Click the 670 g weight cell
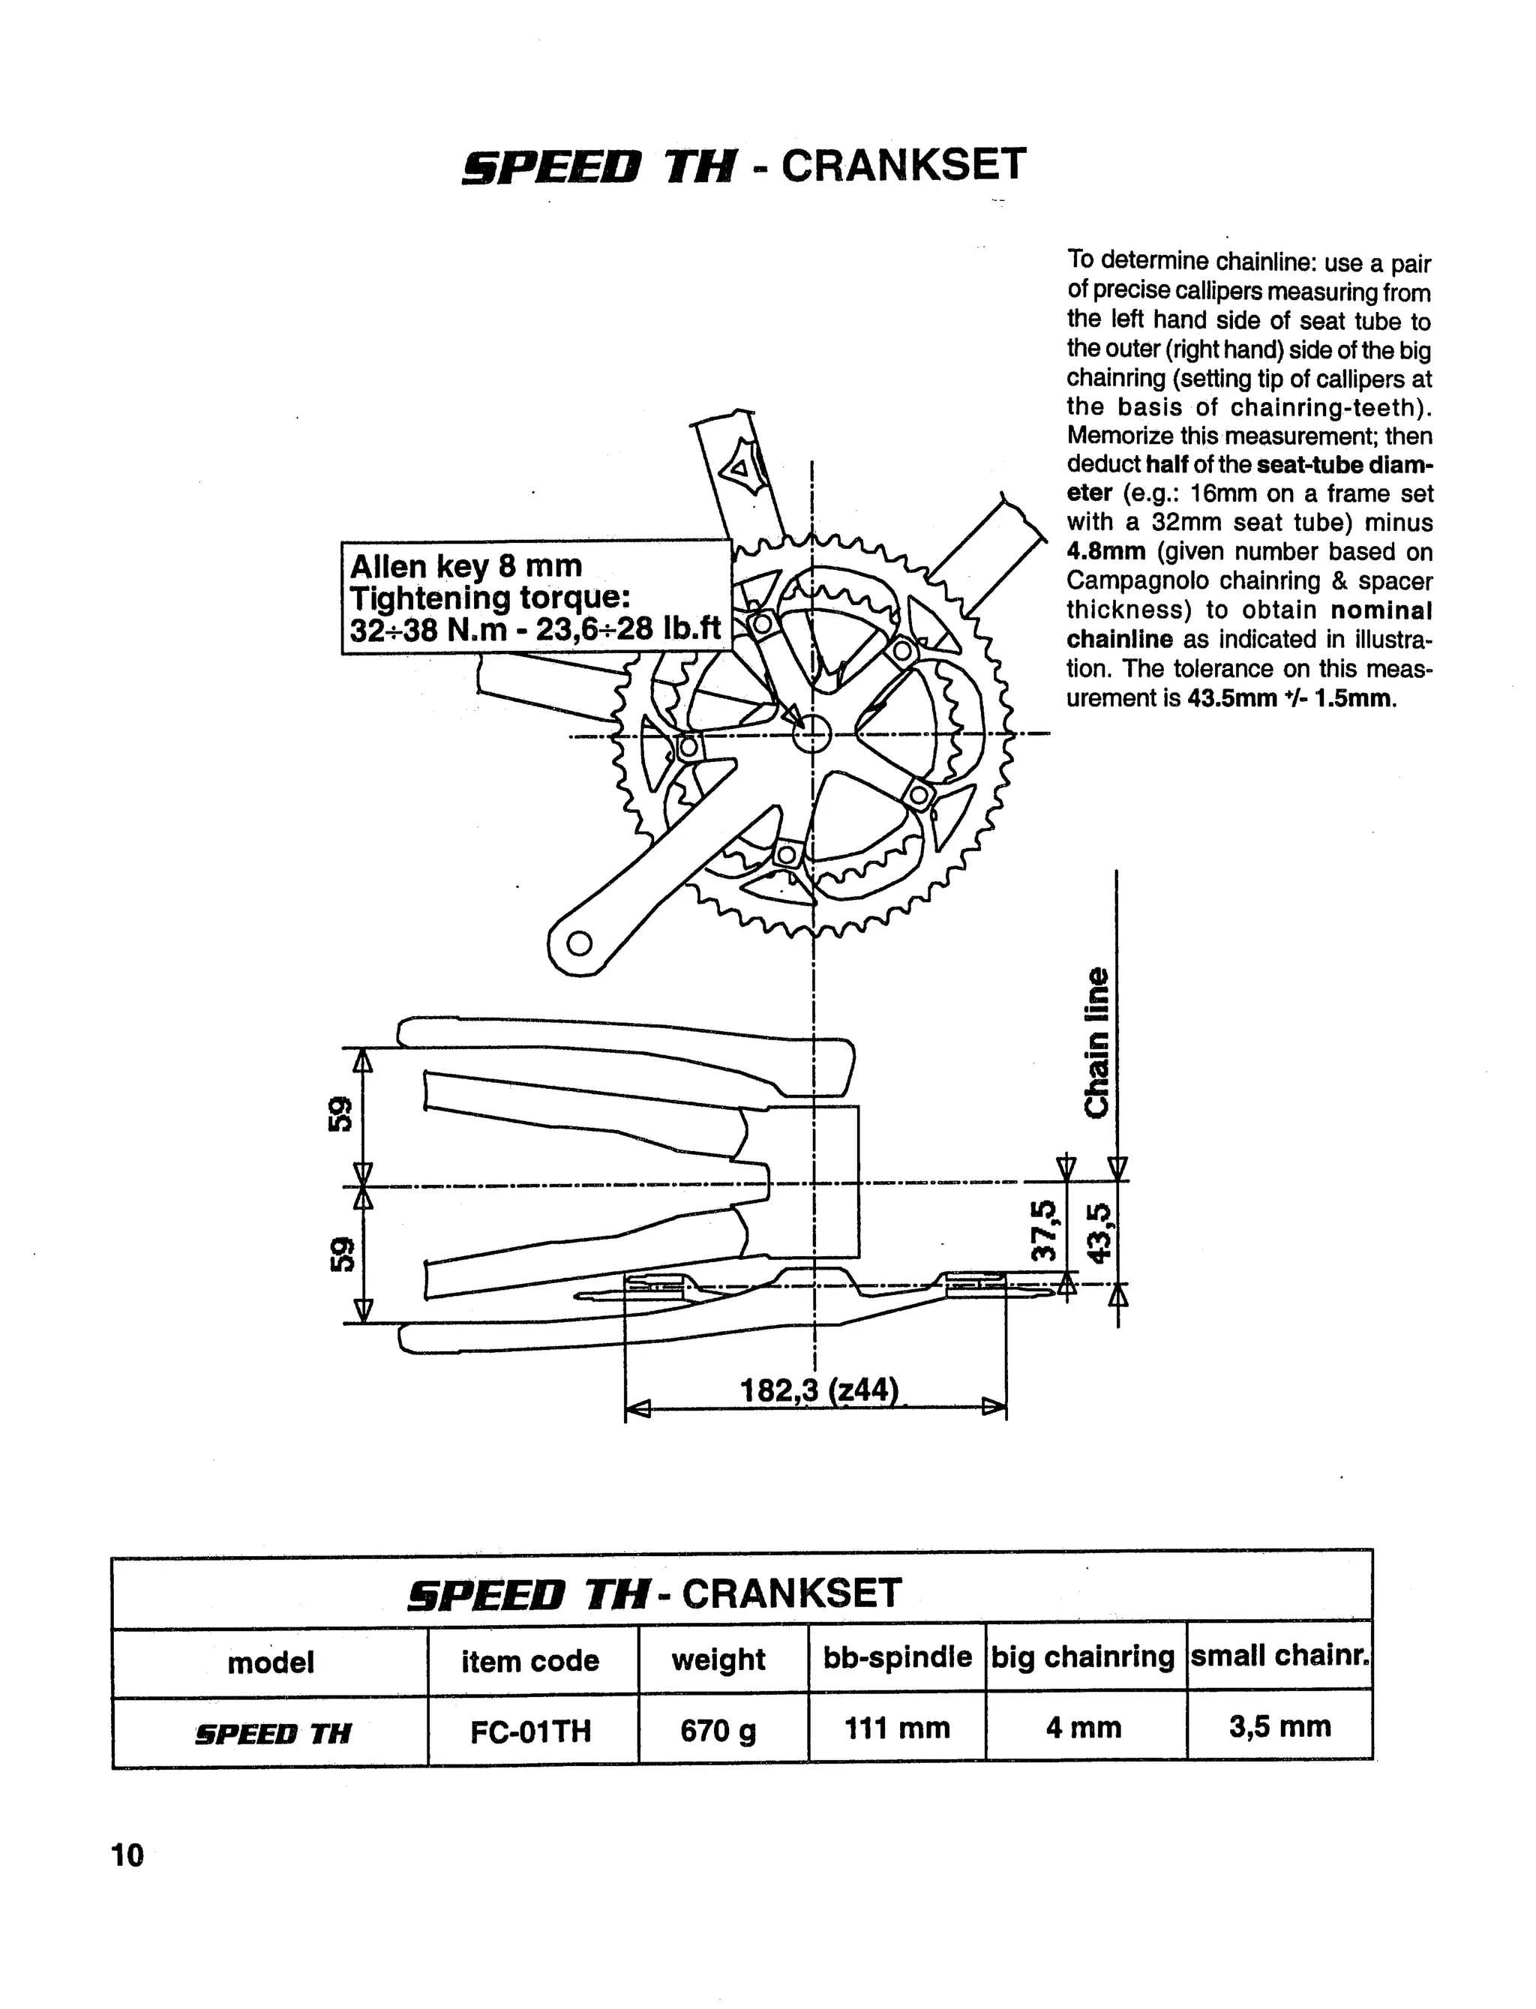(x=718, y=1730)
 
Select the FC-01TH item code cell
(x=530, y=1731)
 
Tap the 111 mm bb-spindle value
(x=897, y=1729)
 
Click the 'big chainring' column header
(x=1084, y=1657)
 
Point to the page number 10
(x=128, y=1856)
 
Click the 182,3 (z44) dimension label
(x=818, y=1391)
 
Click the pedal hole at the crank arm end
(x=579, y=943)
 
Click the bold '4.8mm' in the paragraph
(x=1105, y=552)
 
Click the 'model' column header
(x=271, y=1662)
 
